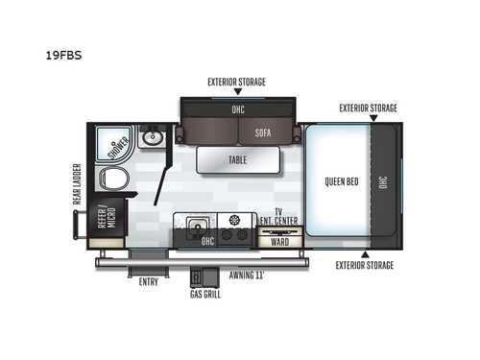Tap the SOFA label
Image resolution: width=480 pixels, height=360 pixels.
263,133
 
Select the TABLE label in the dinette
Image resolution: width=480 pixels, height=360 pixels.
238,159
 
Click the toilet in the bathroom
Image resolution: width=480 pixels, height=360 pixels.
117,180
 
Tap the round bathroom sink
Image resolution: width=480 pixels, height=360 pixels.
152,139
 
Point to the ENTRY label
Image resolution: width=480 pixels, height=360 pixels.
148,282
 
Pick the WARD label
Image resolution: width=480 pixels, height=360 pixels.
279,241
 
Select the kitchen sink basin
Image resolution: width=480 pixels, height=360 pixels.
200,229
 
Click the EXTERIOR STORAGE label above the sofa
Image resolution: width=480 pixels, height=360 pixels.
237,82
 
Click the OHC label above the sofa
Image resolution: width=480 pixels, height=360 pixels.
238,109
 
